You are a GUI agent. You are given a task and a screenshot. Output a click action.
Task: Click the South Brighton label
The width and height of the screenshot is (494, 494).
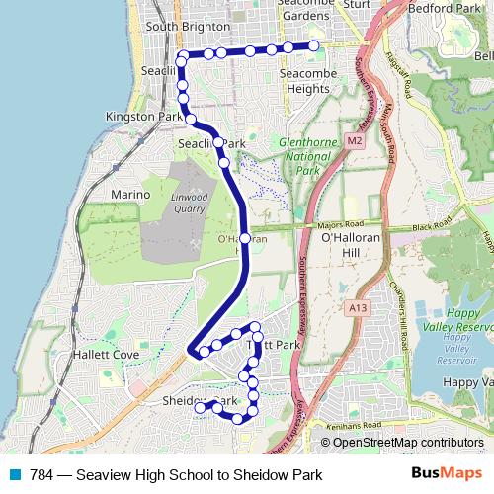point(182,27)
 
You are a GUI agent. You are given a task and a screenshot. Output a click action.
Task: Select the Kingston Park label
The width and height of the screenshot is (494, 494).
point(143,117)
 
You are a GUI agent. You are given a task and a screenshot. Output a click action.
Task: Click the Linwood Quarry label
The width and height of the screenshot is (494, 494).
point(189,203)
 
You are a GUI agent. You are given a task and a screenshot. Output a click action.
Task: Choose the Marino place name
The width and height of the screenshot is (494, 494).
point(130,195)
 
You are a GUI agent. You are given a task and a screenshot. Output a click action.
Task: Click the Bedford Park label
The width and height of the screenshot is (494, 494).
point(442,9)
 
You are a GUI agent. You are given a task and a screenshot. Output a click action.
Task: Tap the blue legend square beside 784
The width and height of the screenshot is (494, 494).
point(14,474)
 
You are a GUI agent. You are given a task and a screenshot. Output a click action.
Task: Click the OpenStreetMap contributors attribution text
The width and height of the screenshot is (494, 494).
point(407,443)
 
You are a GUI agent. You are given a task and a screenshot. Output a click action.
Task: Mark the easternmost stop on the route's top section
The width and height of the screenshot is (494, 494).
point(314,46)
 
